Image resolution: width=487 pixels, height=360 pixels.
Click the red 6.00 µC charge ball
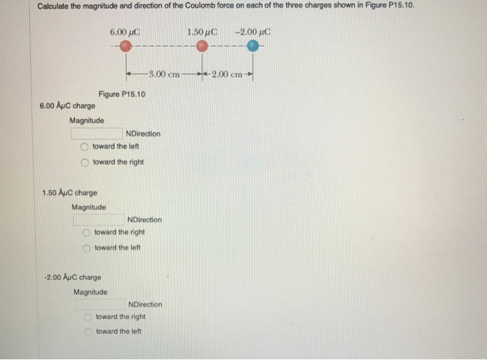tap(125, 46)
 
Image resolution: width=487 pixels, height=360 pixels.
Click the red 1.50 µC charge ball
tap(202, 46)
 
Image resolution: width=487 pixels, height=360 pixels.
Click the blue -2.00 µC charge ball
tap(253, 46)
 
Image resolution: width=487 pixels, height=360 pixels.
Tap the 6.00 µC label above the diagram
tap(125, 31)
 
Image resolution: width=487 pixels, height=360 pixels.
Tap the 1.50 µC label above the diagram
tap(202, 31)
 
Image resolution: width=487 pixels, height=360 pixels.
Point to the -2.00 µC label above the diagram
tap(253, 31)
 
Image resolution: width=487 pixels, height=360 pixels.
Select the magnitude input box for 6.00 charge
tap(97, 133)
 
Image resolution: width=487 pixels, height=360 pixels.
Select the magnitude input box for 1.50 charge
tap(99, 219)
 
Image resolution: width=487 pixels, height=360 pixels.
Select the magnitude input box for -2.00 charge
tap(100, 304)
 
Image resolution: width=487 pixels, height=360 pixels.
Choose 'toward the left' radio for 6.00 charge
tap(84, 147)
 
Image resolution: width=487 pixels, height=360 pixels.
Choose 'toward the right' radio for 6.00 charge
tap(84, 162)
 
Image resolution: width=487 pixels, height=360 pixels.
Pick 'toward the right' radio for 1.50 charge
tap(86, 233)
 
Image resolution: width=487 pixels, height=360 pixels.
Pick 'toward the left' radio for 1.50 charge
tap(86, 248)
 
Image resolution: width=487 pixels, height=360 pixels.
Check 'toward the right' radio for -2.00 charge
tap(88, 317)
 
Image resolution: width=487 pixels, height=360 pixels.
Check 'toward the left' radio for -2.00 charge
tap(88, 331)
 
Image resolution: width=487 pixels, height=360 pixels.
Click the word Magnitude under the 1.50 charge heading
tap(89, 207)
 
